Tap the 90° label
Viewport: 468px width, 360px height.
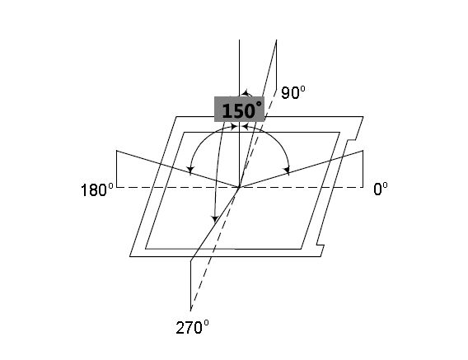[293, 92]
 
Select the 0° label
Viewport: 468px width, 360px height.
[381, 189]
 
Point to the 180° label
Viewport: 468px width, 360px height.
[97, 189]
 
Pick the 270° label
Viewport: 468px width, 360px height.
[192, 328]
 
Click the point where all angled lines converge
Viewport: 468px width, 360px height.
[239, 187]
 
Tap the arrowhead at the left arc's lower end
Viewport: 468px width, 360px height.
[190, 171]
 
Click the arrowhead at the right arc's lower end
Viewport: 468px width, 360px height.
[287, 171]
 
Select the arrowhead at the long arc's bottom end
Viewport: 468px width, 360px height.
[214, 219]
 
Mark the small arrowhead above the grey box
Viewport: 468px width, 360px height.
[246, 93]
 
